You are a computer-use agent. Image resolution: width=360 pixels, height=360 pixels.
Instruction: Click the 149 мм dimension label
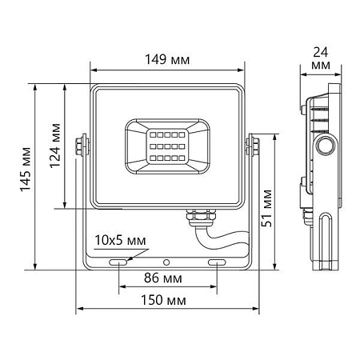coord(169,58)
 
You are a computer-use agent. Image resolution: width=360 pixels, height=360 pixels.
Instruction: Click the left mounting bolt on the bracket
coord(81,146)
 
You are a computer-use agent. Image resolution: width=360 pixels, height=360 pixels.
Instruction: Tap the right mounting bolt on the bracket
coord(255,146)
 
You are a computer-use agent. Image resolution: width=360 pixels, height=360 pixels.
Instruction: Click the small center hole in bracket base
coord(166,262)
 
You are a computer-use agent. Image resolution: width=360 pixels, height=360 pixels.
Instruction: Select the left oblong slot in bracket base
coord(118,262)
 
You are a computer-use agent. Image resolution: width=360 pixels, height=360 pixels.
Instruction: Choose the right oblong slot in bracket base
coord(217,262)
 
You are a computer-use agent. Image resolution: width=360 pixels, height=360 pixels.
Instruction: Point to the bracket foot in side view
coord(327,240)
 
